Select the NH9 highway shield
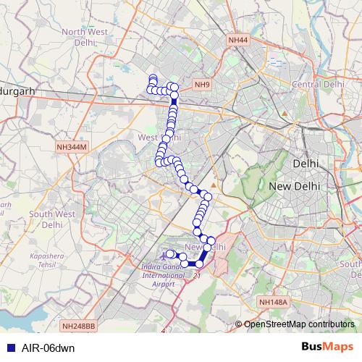coord(202,85)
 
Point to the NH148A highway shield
coord(273,301)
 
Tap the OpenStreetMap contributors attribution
coord(298,325)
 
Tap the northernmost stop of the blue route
coord(153,78)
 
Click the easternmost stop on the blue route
coord(211,240)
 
